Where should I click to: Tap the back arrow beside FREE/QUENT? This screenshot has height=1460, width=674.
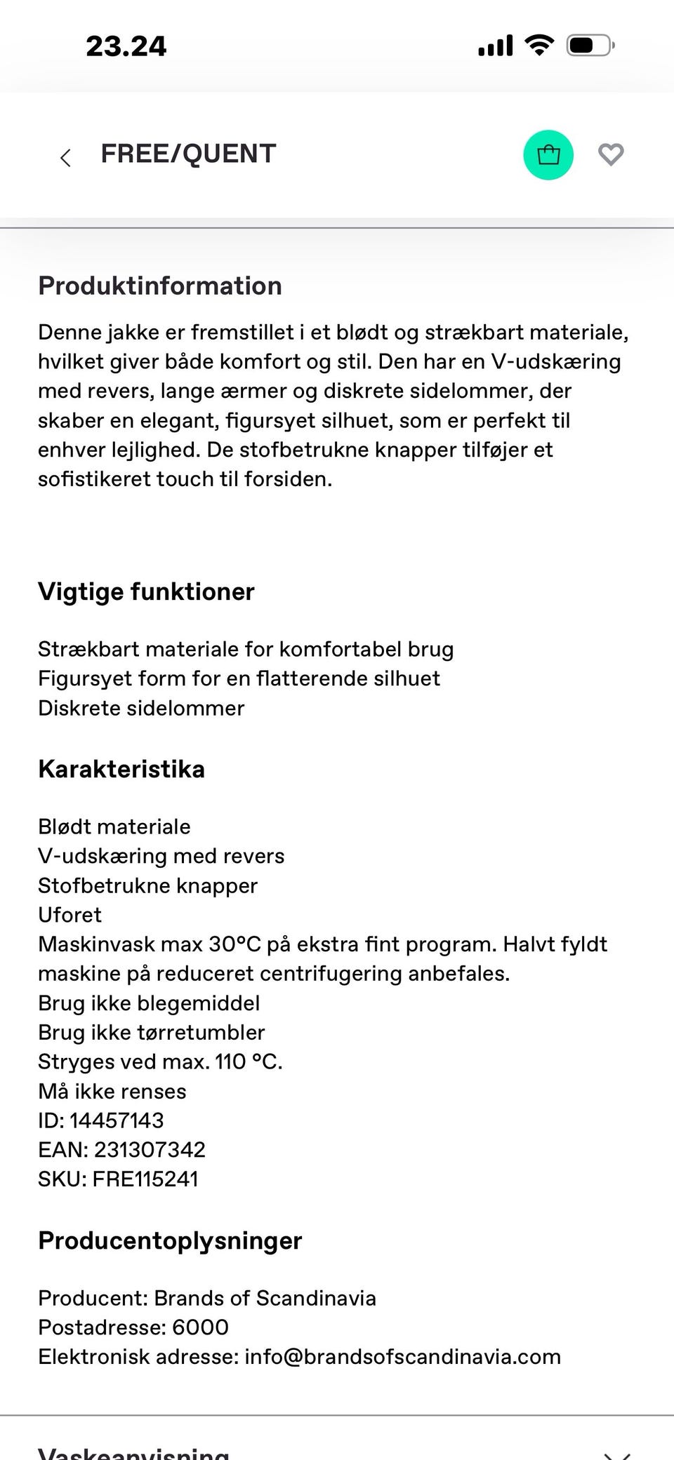pos(66,157)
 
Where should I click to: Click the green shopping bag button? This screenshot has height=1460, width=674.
pos(548,155)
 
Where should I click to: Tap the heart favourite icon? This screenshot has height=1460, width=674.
pos(610,154)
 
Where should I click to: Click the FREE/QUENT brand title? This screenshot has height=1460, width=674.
pos(188,154)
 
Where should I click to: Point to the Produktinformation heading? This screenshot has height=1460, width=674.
pos(159,286)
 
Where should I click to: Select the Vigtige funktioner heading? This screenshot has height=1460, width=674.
pos(145,591)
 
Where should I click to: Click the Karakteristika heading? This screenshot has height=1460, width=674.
pos(121,769)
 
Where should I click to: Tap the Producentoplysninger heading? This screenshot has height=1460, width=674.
pos(169,1240)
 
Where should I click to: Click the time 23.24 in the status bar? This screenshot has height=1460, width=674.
pos(126,46)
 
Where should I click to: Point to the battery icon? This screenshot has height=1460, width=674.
pos(590,46)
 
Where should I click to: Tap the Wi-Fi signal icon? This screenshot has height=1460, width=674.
pos(538,46)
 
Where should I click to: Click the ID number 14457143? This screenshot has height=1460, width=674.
pos(117,1120)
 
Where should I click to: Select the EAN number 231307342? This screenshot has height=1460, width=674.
pos(150,1150)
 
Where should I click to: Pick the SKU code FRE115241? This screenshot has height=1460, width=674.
pos(145,1179)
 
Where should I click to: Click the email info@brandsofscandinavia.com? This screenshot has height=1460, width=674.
pos(402,1357)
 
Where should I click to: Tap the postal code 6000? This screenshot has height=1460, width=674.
pos(200,1327)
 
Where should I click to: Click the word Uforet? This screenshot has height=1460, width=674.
pos(70,915)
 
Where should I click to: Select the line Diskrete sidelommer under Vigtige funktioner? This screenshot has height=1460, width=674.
pos(141,708)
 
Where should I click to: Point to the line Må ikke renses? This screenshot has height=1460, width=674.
pos(112,1092)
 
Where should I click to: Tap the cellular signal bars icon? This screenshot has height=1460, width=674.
pos(495,46)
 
